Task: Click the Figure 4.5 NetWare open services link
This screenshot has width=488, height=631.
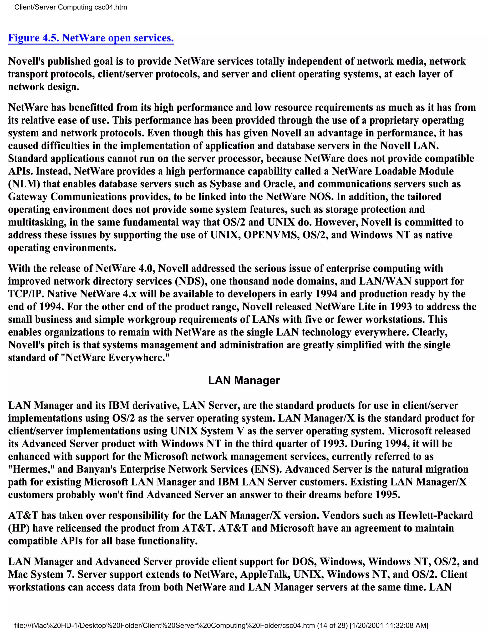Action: point(91,38)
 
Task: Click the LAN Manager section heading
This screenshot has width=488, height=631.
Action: point(244,381)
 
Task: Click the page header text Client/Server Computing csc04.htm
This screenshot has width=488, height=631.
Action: point(71,7)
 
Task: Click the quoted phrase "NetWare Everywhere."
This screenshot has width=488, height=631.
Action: point(117,358)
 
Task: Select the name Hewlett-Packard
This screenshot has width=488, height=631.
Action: point(435,516)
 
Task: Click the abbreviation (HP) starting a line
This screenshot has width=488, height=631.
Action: point(19,528)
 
